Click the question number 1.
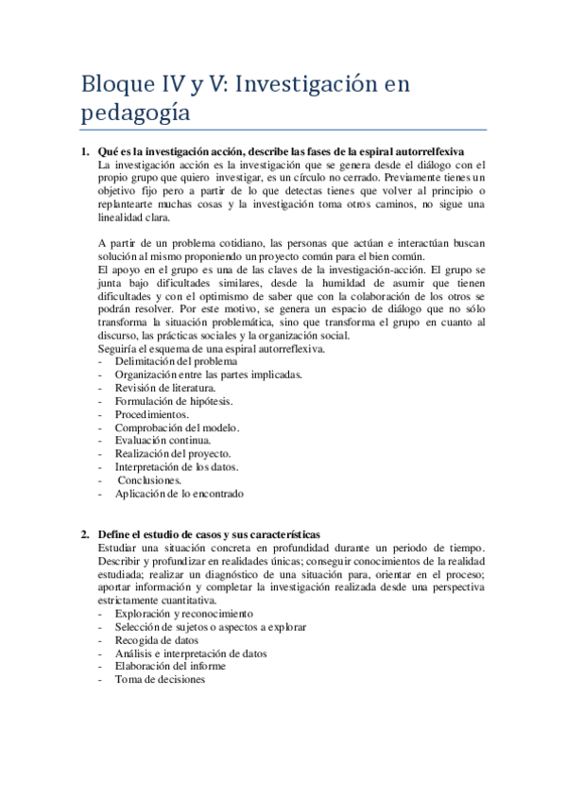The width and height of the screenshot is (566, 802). [84, 152]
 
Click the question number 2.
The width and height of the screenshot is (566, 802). [84, 535]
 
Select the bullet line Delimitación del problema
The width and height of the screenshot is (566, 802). [176, 361]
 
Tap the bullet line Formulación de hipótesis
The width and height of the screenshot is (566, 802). [173, 401]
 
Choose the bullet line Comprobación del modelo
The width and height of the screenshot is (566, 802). [177, 427]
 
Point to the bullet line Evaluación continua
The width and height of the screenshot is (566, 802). [163, 441]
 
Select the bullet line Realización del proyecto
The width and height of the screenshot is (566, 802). [172, 454]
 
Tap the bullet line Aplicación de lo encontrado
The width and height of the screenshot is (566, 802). [179, 494]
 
